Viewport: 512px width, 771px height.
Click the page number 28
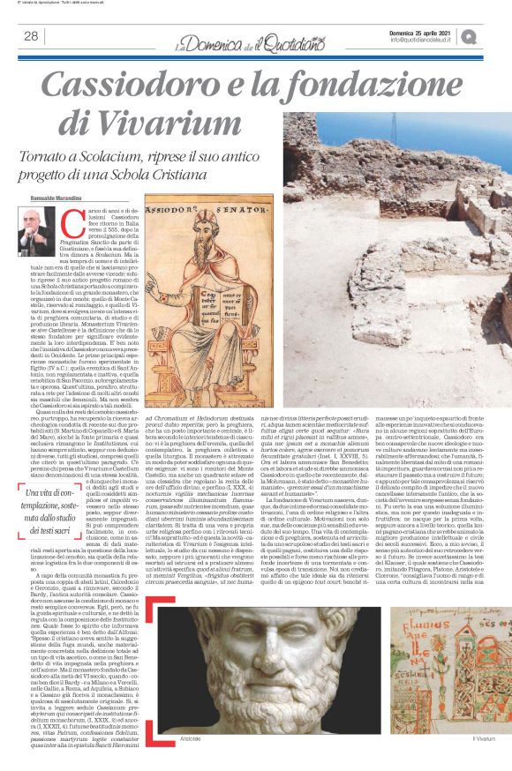(x=30, y=36)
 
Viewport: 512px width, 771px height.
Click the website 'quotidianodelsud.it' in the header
(x=447, y=40)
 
